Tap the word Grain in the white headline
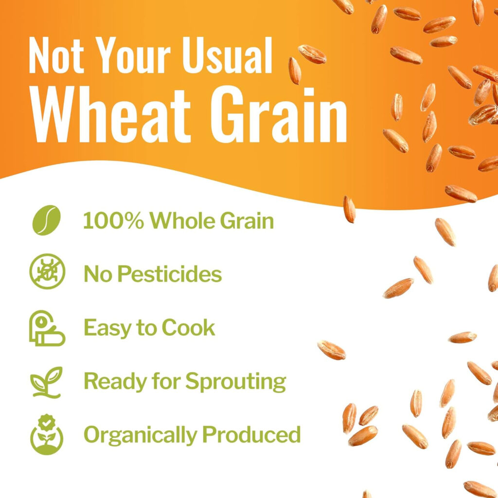click(x=279, y=116)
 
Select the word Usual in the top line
click(x=227, y=55)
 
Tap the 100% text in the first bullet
click(x=113, y=220)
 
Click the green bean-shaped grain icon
click(x=46, y=220)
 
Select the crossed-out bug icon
click(x=47, y=271)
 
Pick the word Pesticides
click(x=170, y=274)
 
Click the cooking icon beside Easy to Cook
click(x=47, y=328)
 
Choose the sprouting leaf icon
click(x=47, y=382)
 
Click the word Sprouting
click(x=236, y=382)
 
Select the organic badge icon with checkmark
click(x=47, y=434)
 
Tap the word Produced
click(x=251, y=434)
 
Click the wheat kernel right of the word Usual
click(x=295, y=71)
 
